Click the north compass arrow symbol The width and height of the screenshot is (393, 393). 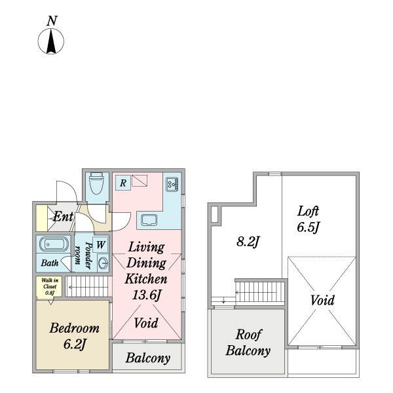[51, 41]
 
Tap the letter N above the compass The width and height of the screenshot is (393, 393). [52, 21]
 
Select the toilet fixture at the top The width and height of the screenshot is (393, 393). [96, 183]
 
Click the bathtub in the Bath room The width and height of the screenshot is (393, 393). [54, 244]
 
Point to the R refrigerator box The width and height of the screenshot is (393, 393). [123, 183]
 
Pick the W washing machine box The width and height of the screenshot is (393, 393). [101, 244]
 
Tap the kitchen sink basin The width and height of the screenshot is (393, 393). [149, 220]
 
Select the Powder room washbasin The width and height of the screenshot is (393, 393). [103, 263]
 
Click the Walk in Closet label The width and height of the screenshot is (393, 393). [50, 286]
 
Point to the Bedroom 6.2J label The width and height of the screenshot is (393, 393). [75, 336]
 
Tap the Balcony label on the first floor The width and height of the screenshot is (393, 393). [148, 358]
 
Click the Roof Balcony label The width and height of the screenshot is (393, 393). [248, 343]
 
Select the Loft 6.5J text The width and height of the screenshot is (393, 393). [308, 219]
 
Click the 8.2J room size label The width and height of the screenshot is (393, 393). [248, 242]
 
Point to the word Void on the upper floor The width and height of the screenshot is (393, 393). [322, 300]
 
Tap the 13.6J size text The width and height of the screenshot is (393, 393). [146, 295]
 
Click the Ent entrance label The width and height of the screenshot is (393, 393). [63, 216]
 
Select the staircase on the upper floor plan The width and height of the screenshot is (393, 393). [260, 292]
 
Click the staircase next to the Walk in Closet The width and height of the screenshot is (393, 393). [88, 286]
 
